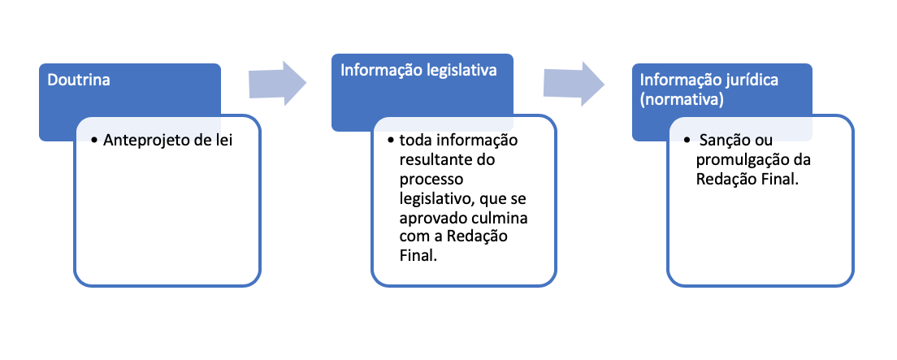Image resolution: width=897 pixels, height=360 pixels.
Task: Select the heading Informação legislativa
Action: [x=418, y=71]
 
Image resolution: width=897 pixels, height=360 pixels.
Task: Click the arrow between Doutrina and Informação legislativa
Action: [x=276, y=82]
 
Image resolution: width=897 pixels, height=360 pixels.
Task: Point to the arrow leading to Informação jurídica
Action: [x=574, y=82]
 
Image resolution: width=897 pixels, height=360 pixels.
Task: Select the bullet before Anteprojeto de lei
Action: [x=96, y=141]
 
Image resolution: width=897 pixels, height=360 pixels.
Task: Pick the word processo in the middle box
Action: [x=425, y=180]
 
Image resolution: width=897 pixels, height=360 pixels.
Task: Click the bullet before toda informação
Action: [x=392, y=141]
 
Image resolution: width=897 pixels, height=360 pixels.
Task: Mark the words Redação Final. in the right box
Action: [x=747, y=180]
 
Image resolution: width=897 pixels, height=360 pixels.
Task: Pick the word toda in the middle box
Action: [x=414, y=141]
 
